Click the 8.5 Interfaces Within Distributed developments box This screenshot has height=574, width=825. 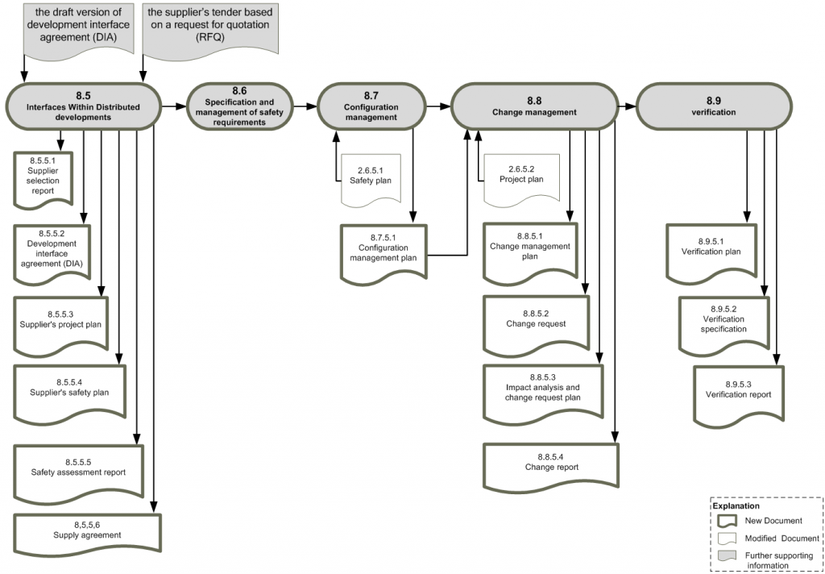point(83,106)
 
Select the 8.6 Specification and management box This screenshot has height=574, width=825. point(239,106)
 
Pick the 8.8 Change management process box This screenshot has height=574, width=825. point(534,106)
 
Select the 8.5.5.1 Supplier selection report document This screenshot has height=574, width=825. point(44,176)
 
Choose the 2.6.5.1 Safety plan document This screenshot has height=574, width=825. point(371,177)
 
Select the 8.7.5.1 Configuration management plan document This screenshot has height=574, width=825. point(383,252)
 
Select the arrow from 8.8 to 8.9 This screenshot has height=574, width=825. point(626,106)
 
